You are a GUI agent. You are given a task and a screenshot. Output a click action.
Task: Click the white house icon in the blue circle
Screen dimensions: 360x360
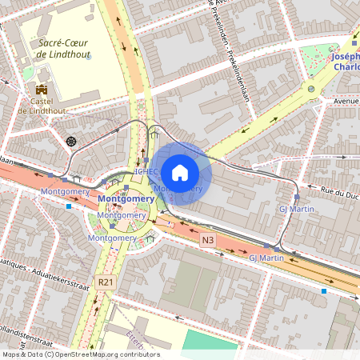[x=180, y=172]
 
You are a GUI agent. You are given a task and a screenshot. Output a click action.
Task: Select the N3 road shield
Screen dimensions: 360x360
[x=208, y=239]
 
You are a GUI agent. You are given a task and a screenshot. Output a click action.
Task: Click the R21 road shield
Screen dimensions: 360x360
[x=105, y=282]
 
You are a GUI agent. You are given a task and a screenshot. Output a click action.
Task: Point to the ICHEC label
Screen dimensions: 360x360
[x=148, y=171]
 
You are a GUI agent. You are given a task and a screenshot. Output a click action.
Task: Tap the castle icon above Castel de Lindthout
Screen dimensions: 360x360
[x=42, y=88]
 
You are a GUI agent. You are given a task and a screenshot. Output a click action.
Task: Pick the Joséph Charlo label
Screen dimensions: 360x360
[x=343, y=62]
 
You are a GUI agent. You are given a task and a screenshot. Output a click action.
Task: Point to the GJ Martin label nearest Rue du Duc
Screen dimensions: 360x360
[x=295, y=209]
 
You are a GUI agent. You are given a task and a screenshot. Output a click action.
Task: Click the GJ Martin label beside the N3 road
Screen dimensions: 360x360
[x=266, y=258]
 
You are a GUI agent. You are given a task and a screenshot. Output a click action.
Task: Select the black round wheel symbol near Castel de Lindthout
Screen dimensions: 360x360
[x=71, y=142]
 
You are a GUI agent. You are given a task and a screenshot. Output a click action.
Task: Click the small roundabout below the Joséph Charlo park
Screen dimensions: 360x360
[x=310, y=89]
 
